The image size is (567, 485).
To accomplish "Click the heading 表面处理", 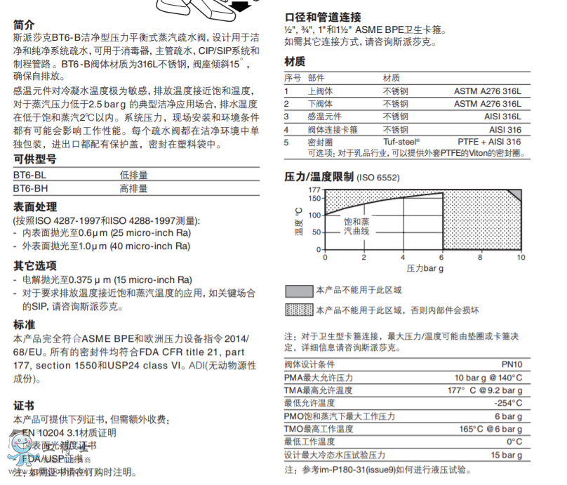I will point(35,208).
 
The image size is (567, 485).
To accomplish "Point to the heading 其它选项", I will point(35,266).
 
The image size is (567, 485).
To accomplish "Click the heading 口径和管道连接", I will point(323,18).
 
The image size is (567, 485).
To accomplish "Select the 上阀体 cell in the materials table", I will point(320,91).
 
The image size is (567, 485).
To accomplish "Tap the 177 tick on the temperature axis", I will point(314,190).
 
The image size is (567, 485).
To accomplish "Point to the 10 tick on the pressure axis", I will point(520,257).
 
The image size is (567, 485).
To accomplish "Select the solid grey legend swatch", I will point(298,290).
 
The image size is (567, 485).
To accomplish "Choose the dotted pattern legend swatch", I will point(298,310).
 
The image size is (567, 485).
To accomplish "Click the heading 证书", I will point(23,406).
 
